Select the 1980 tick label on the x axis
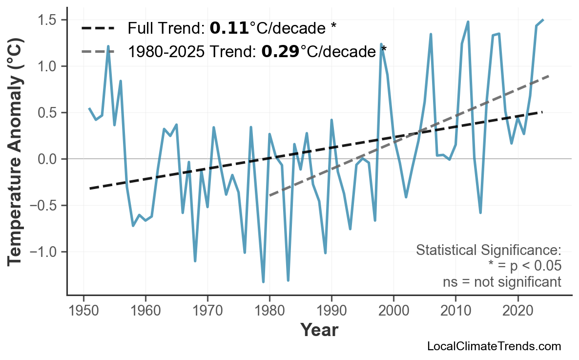(269, 311)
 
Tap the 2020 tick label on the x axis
(517, 311)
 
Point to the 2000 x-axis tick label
(393, 311)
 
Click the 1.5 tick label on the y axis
(49, 20)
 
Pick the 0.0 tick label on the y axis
(49, 159)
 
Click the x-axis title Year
(319, 331)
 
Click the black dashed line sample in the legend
(98, 28)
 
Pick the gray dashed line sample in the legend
(98, 51)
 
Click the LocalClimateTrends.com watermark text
(494, 347)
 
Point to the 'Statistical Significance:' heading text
(488, 251)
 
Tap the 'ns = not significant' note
(502, 282)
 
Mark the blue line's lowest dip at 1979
(263, 282)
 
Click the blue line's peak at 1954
(108, 46)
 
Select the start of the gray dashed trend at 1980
(269, 195)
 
